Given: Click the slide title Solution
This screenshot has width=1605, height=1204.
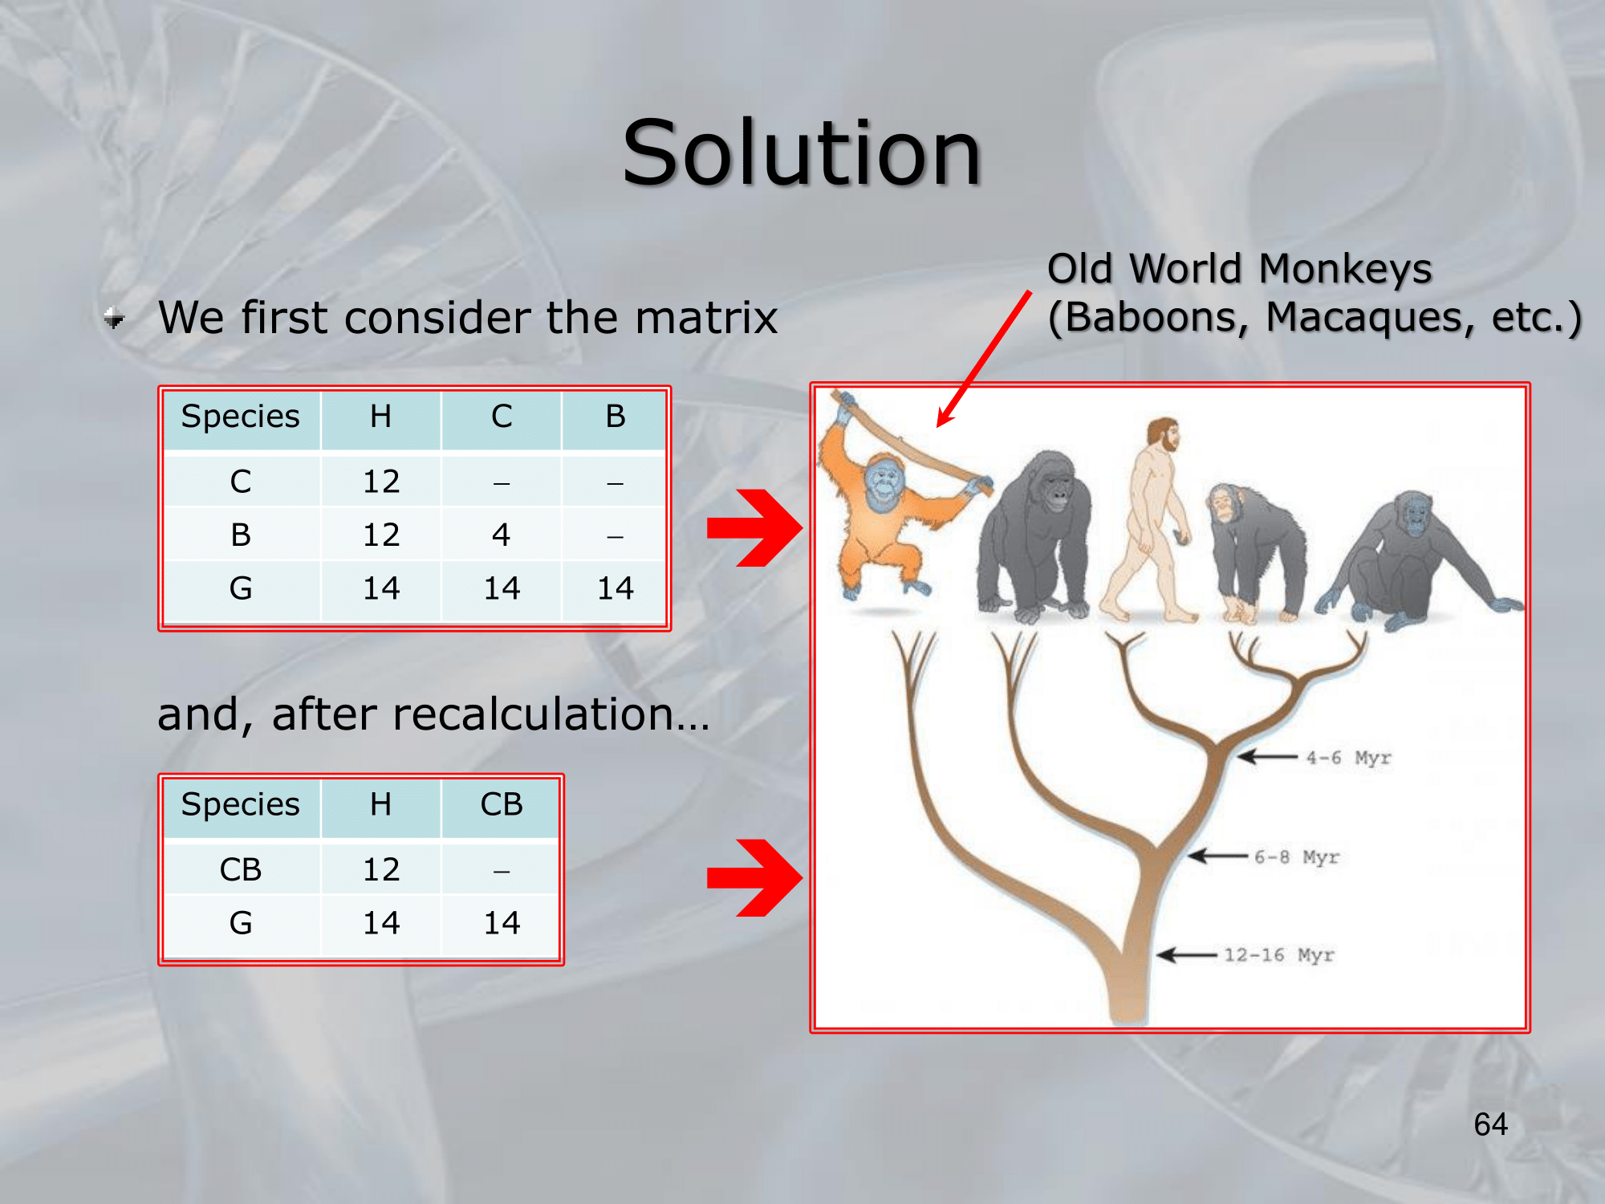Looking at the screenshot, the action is click(802, 153).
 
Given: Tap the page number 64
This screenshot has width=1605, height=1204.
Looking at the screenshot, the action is click(1490, 1125).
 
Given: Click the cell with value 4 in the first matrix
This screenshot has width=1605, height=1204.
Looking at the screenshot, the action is click(502, 535).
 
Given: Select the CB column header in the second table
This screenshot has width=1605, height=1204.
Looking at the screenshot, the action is click(502, 804).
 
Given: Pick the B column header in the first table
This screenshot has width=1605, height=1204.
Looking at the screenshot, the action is click(616, 417).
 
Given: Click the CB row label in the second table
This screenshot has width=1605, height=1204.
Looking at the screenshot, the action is click(241, 869).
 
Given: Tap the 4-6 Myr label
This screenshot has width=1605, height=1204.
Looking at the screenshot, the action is click(1348, 758).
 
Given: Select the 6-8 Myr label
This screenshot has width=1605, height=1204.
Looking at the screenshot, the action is click(1297, 857).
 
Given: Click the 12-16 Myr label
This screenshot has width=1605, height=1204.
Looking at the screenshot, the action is click(1278, 955).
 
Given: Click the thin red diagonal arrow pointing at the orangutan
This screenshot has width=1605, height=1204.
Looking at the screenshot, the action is click(984, 359).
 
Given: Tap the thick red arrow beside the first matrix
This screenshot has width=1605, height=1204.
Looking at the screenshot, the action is click(754, 528).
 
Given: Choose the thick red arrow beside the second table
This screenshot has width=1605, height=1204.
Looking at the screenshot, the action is click(754, 877).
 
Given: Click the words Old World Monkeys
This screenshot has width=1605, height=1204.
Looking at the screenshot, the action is click(1240, 269).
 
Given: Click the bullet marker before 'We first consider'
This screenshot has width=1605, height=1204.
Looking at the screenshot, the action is click(114, 319).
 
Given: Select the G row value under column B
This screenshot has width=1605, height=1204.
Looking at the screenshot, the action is click(616, 588).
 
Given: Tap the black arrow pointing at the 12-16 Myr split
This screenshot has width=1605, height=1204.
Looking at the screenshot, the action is click(1187, 955).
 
